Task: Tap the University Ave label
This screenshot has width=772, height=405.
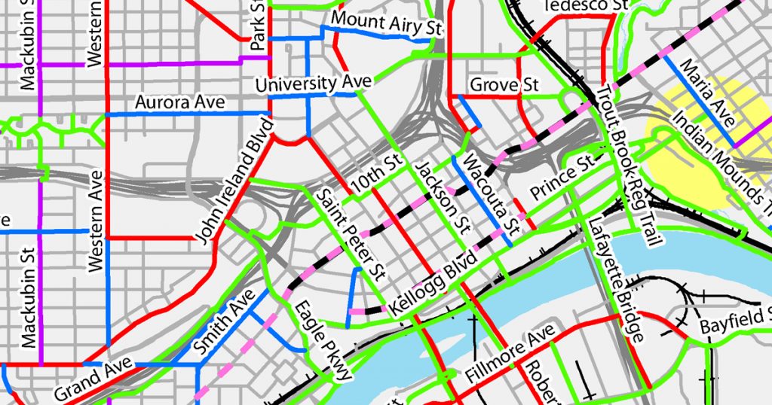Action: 314,83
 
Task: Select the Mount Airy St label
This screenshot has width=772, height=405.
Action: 385,23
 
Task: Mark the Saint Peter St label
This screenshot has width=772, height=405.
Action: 352,232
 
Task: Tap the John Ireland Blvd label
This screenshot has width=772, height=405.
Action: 234,179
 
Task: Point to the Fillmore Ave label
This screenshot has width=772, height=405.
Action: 511,352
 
